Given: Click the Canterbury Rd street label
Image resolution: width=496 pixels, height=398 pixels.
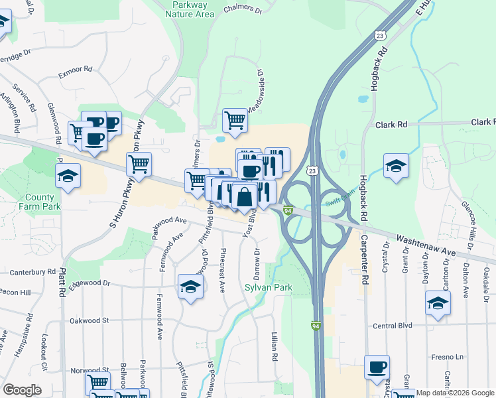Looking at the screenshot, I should point(32,272).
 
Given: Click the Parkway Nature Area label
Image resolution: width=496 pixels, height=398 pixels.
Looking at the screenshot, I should point(189,9).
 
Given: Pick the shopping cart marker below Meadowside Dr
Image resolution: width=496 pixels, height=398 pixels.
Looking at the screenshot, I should point(235,120).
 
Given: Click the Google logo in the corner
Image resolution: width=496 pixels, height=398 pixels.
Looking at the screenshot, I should point(22,390).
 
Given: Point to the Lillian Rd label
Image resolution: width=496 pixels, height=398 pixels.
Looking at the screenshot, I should point(273,347).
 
